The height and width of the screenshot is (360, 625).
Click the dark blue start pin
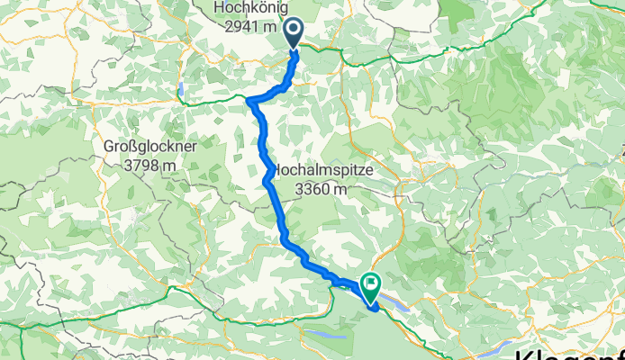(x=294, y=35)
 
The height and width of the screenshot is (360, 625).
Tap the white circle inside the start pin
(x=294, y=31)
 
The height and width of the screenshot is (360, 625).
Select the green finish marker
(x=371, y=287)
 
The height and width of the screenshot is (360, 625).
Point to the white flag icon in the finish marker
(x=371, y=284)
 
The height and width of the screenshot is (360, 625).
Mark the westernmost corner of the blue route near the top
(x=249, y=100)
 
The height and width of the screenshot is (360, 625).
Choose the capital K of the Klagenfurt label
(x=524, y=352)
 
